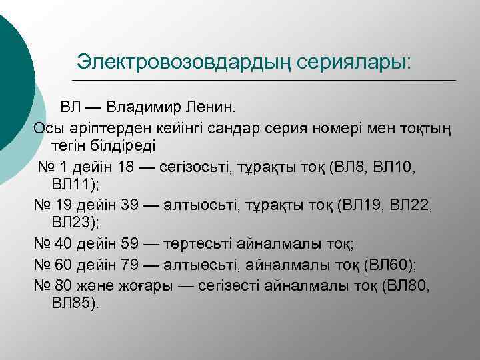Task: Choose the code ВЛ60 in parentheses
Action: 391,265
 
